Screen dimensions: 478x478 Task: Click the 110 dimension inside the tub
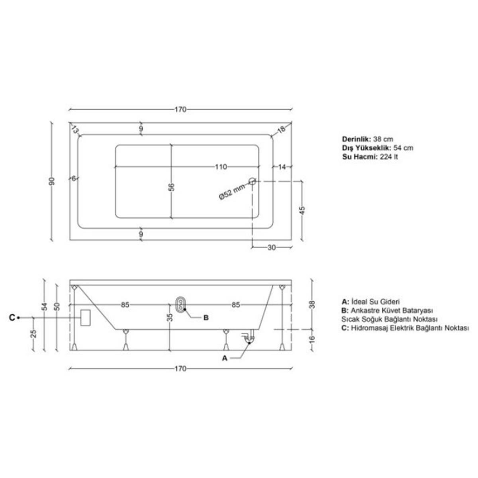[221, 167]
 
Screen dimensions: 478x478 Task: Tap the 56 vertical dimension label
[171, 187]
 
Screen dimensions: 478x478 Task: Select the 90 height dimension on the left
[52, 181]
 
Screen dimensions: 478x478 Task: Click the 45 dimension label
[302, 211]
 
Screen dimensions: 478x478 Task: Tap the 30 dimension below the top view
[272, 247]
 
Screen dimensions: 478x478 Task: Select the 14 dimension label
[282, 167]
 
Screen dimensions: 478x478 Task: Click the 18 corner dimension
[281, 129]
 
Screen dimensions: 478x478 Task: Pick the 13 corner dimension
[74, 129]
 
